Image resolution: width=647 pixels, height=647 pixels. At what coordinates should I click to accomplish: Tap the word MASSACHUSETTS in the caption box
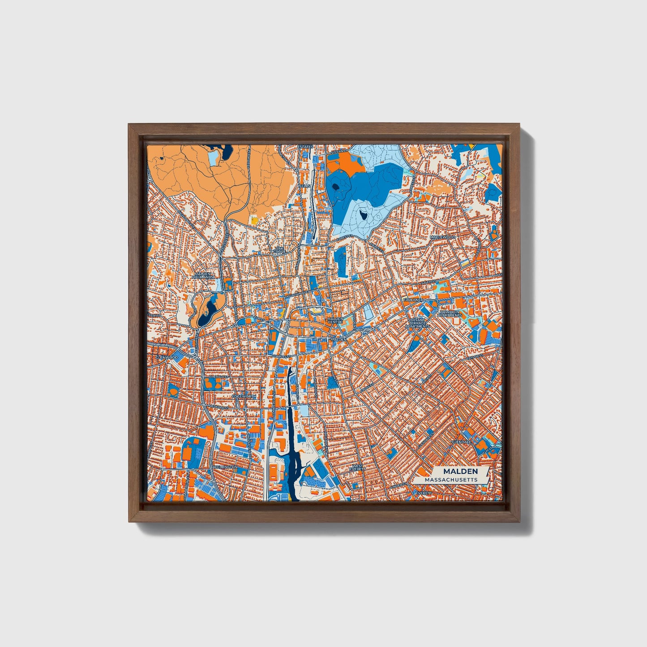(451, 480)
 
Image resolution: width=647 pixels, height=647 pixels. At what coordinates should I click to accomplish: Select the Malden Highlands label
(203, 275)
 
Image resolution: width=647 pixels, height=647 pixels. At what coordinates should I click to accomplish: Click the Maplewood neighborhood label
(442, 237)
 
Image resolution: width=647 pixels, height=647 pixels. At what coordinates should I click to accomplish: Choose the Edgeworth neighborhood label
(244, 397)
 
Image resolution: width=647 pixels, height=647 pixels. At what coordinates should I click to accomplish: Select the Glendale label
(462, 441)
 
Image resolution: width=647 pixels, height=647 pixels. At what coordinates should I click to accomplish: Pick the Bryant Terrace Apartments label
(417, 323)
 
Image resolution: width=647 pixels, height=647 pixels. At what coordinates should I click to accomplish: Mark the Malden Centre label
(335, 320)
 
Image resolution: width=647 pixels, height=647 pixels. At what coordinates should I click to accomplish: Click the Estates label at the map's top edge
(305, 146)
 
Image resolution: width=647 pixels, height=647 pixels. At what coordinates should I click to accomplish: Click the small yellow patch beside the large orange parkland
(254, 220)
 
